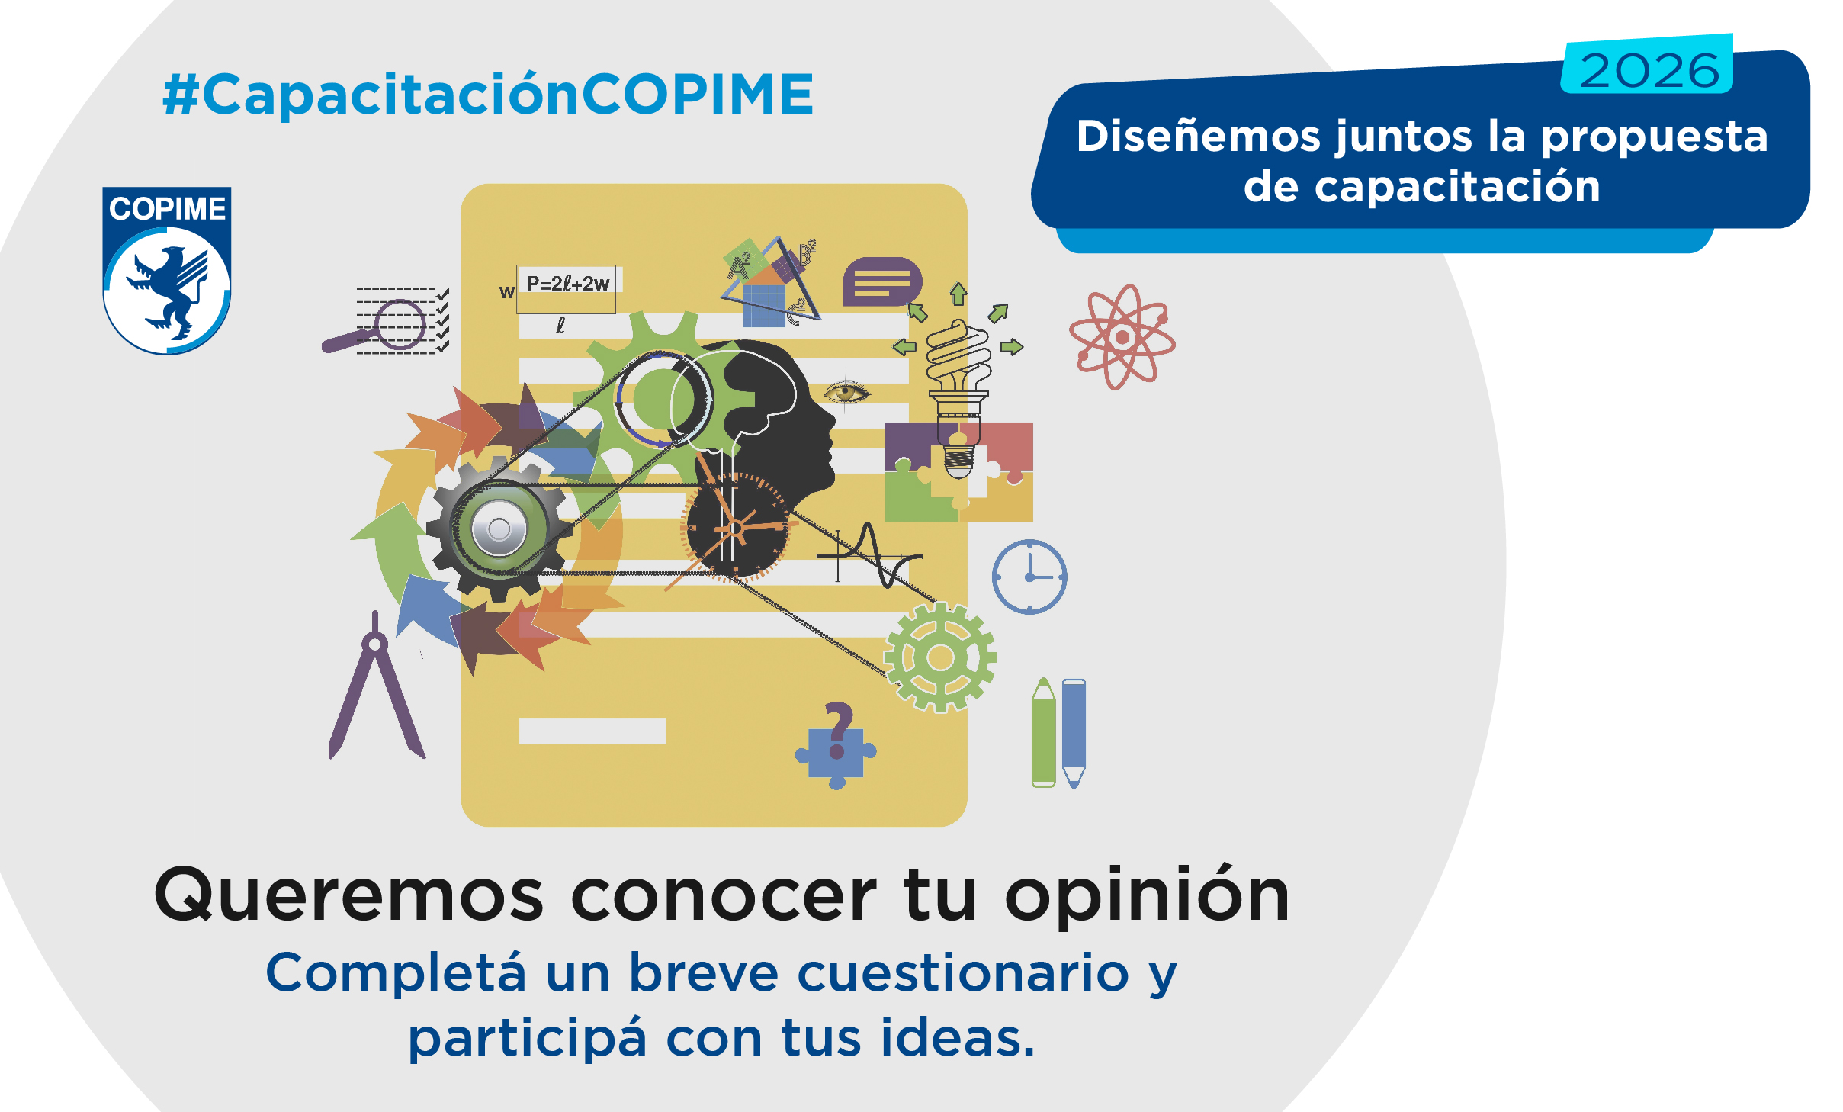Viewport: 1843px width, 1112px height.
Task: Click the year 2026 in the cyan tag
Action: point(1649,71)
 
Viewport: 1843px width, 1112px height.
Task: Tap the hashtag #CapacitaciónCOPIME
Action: point(488,95)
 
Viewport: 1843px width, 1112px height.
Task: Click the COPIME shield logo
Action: point(167,271)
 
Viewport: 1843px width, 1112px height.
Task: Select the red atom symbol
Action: point(1122,336)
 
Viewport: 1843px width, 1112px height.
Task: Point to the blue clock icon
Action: point(1029,577)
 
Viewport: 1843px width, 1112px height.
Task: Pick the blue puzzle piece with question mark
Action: point(836,746)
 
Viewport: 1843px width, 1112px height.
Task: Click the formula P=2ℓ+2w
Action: point(567,284)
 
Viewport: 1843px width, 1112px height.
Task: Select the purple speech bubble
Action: point(882,281)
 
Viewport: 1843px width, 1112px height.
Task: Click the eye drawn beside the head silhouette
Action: point(846,393)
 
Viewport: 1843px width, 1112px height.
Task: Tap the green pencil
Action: point(1043,732)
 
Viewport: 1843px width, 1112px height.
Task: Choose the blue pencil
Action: point(1074,733)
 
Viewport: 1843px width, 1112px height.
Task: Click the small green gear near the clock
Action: point(940,657)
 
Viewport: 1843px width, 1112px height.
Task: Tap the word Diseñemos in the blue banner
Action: point(1198,137)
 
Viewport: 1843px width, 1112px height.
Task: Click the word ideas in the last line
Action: point(958,1038)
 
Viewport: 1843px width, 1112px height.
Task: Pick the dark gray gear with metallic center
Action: point(499,529)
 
